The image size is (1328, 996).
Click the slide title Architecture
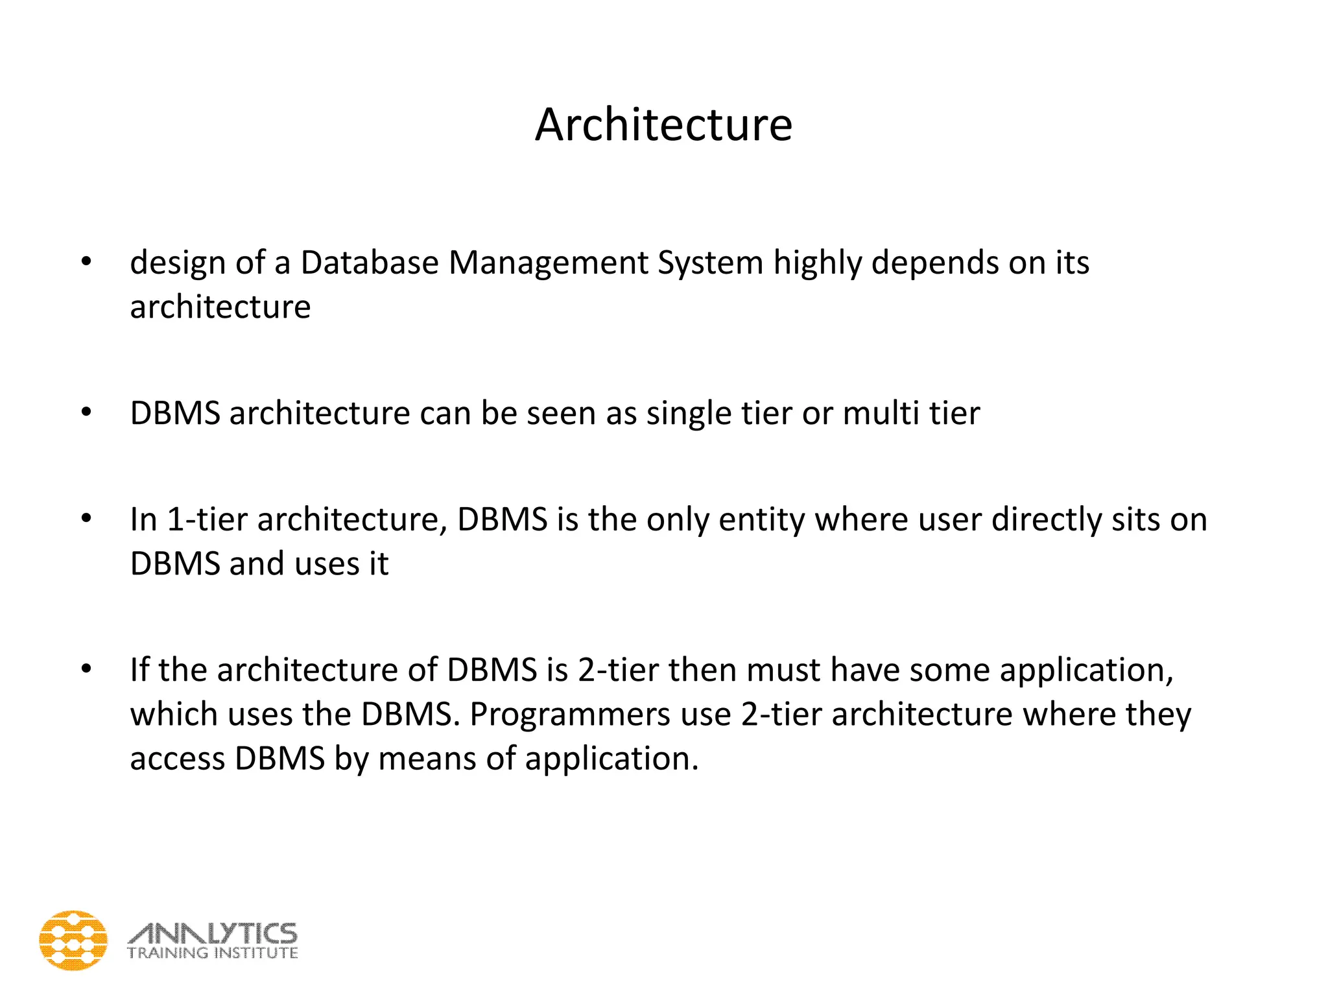click(663, 124)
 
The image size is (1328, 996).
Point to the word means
click(427, 759)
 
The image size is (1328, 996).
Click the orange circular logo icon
click(73, 940)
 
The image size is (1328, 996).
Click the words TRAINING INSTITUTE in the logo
click(213, 953)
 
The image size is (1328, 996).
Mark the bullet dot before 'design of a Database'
click(86, 262)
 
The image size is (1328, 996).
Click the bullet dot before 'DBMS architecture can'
click(86, 412)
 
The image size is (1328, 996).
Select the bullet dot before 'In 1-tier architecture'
click(86, 519)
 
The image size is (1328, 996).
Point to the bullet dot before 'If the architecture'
click(86, 669)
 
